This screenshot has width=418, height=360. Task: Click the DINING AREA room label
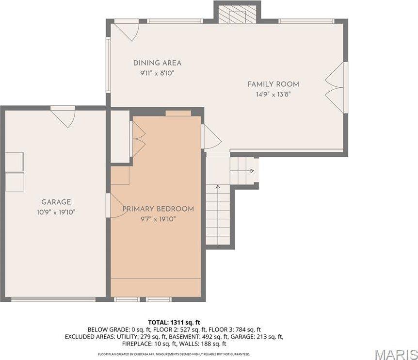pos(157,63)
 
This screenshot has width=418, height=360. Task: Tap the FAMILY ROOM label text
pos(273,84)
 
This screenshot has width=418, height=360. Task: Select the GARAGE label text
pos(56,202)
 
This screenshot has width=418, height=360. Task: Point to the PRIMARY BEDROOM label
pos(158,209)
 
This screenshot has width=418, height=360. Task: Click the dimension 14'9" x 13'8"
pos(273,94)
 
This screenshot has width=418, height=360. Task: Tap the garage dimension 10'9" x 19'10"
pos(56,212)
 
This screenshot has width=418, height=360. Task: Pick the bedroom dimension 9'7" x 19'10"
pos(158,219)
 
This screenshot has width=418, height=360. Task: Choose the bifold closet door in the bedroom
pos(138,139)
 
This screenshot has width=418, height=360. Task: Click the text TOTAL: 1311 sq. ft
pos(174,322)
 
